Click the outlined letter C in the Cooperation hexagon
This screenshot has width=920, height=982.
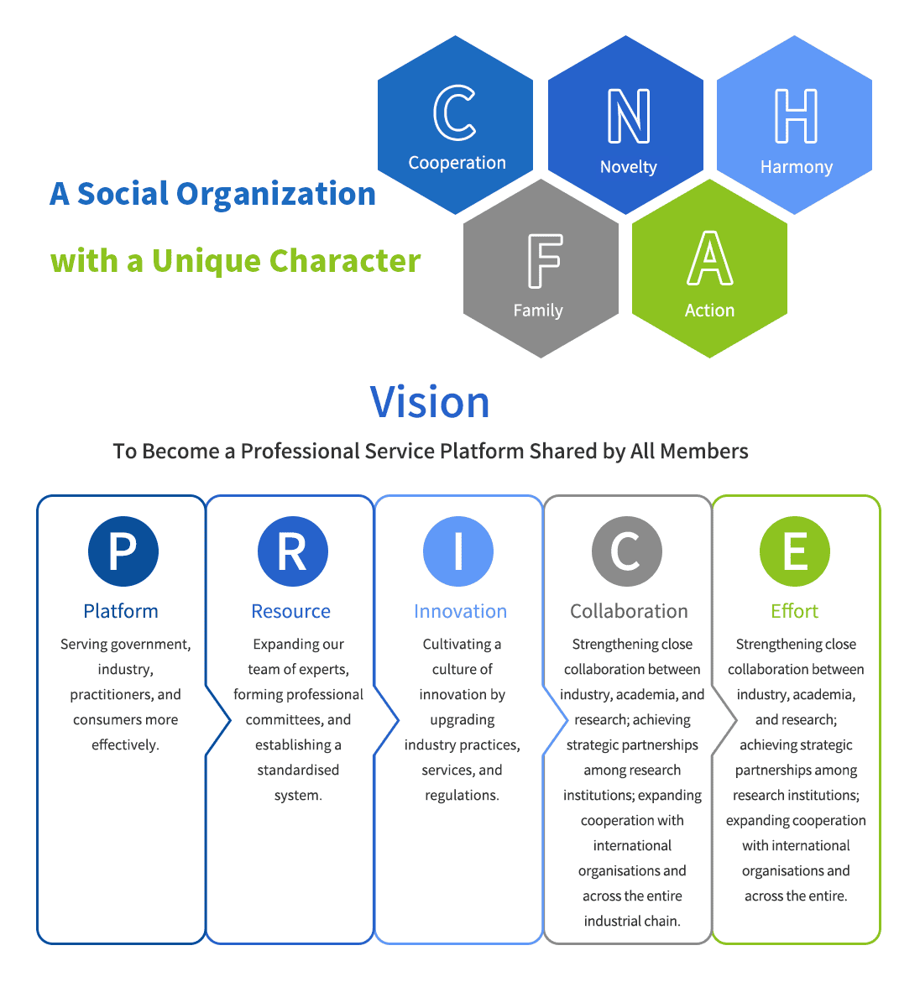pyautogui.click(x=455, y=113)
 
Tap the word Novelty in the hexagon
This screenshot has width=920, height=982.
pyautogui.click(x=628, y=167)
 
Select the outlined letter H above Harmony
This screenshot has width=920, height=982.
pyautogui.click(x=795, y=116)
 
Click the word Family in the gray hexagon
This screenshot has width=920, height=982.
pyautogui.click(x=538, y=311)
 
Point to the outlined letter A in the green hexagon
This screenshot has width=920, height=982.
pyautogui.click(x=709, y=259)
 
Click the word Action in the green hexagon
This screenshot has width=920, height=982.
pyautogui.click(x=709, y=311)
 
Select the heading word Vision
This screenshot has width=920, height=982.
pyautogui.click(x=430, y=402)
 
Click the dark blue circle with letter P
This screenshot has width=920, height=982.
pyautogui.click(x=123, y=551)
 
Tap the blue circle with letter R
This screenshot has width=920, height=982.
pyautogui.click(x=292, y=551)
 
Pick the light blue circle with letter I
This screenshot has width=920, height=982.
pyautogui.click(x=458, y=551)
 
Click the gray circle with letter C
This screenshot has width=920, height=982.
pyautogui.click(x=627, y=551)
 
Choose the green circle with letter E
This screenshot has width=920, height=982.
pyautogui.click(x=794, y=551)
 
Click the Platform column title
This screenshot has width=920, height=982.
pyautogui.click(x=121, y=611)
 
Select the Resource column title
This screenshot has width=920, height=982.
pyautogui.click(x=290, y=611)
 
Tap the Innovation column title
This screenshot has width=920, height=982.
pyautogui.click(x=460, y=611)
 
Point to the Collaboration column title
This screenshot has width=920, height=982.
pyautogui.click(x=629, y=611)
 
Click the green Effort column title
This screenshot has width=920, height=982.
pyautogui.click(x=794, y=611)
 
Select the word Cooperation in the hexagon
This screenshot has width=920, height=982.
pyautogui.click(x=457, y=163)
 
